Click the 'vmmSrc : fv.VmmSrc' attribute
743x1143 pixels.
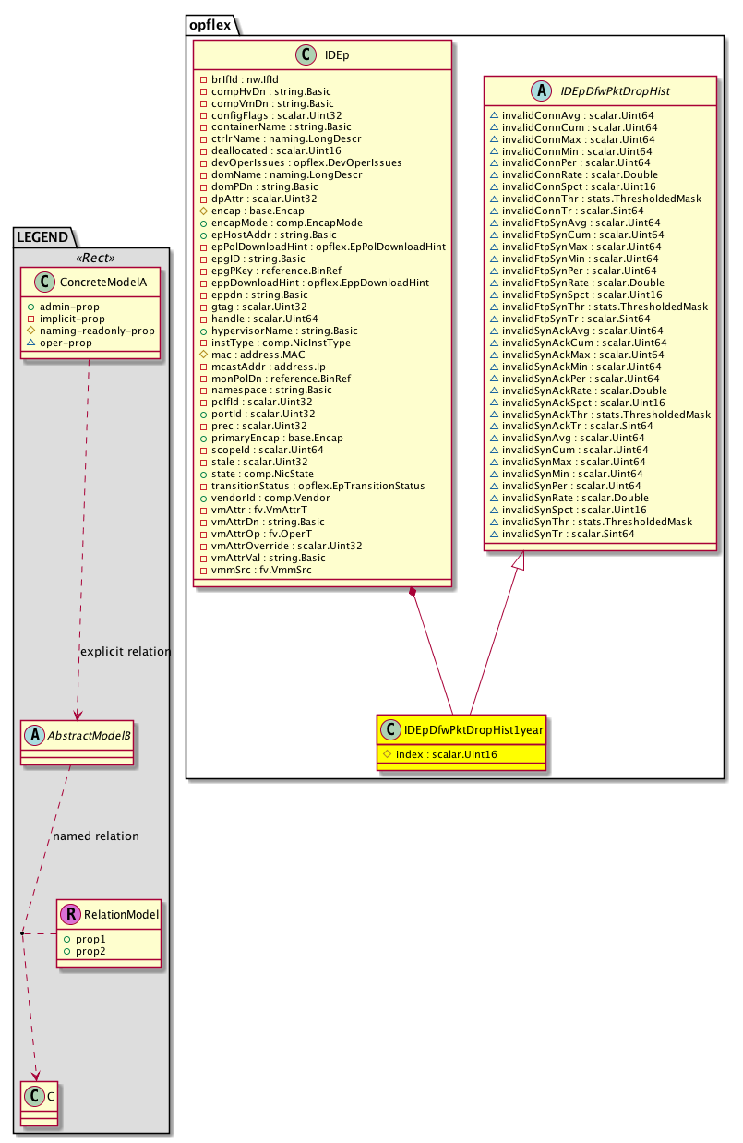(x=262, y=570)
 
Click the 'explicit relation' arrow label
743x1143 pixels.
(x=126, y=652)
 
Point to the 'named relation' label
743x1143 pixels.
(x=96, y=836)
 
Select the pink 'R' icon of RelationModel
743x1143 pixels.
(x=70, y=915)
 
